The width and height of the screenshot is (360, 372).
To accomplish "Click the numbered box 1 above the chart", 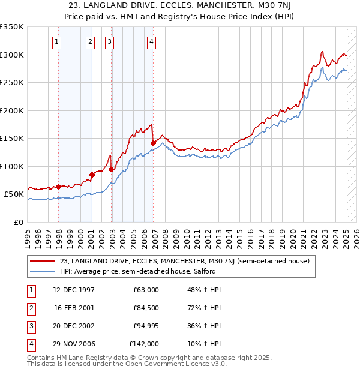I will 56,41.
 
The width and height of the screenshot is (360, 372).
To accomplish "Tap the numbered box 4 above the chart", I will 151,41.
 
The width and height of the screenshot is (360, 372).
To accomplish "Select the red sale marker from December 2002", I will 112,169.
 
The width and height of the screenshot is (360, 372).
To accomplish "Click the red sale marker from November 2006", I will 153,143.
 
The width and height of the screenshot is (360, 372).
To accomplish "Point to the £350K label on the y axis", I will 12,27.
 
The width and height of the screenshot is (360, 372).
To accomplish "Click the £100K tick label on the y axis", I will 12,166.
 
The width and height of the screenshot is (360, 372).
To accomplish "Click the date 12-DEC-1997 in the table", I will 74,290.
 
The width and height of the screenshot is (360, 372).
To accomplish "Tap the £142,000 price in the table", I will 144,344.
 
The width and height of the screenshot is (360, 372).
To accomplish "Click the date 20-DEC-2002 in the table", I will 74,326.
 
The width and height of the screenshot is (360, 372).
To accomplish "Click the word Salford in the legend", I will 203,271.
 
